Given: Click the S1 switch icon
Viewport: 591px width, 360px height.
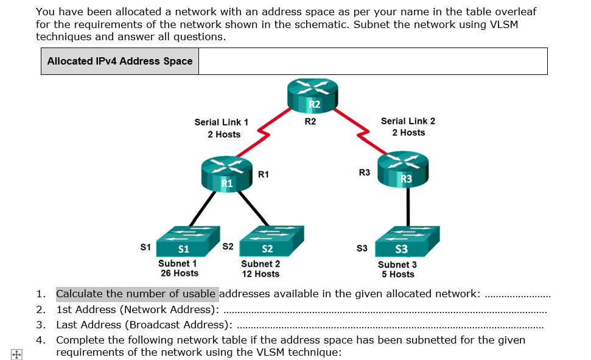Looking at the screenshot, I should [x=184, y=242].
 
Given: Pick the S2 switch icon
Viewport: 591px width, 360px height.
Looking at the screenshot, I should [x=268, y=242].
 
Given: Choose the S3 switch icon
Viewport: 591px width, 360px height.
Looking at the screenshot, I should [x=402, y=243].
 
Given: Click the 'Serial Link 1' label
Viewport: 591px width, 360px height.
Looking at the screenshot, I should [x=221, y=122].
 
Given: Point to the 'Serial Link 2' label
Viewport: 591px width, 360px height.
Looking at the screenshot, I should [x=408, y=121].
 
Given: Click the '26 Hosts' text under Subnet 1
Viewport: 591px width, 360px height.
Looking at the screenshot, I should [x=179, y=274].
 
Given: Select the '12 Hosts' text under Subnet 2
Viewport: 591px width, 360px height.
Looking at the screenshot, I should [x=261, y=274].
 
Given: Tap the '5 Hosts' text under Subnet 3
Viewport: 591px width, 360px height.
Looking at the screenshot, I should [x=397, y=275].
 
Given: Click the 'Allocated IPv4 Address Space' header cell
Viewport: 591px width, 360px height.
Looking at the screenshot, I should [x=120, y=62].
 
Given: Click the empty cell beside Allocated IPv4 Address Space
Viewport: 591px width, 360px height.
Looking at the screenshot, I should [x=372, y=62].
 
